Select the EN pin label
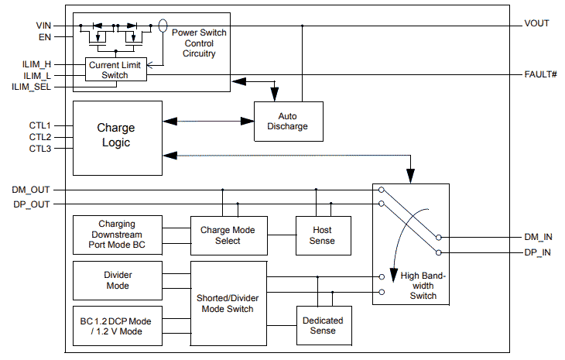(43, 36)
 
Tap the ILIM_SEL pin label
(32, 87)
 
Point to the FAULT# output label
(540, 74)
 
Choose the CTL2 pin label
(40, 137)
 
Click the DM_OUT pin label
(32, 190)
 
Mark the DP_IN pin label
(537, 252)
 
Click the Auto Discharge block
(287, 121)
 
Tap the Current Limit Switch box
(115, 70)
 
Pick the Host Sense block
(322, 235)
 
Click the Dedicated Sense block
(323, 325)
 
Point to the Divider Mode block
(117, 280)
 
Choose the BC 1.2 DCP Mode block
(117, 326)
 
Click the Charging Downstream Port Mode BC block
(117, 235)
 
